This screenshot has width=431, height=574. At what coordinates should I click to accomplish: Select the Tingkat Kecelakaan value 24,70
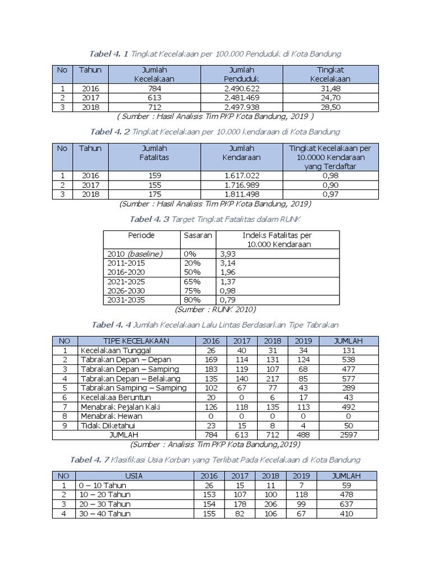pos(330,98)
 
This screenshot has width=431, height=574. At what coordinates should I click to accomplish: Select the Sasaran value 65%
pos(192,281)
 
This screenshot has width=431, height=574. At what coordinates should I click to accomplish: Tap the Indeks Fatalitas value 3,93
pos(227,254)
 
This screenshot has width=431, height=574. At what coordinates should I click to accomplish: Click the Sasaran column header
pos(198,235)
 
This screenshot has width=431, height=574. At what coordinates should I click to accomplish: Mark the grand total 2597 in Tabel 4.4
pos(348,434)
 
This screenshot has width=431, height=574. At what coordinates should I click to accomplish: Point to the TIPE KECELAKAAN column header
pos(136,341)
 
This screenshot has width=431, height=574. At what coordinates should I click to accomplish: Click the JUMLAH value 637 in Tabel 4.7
pos(348,503)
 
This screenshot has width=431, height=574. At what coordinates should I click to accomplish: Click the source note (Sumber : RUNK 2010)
pos(215,309)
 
